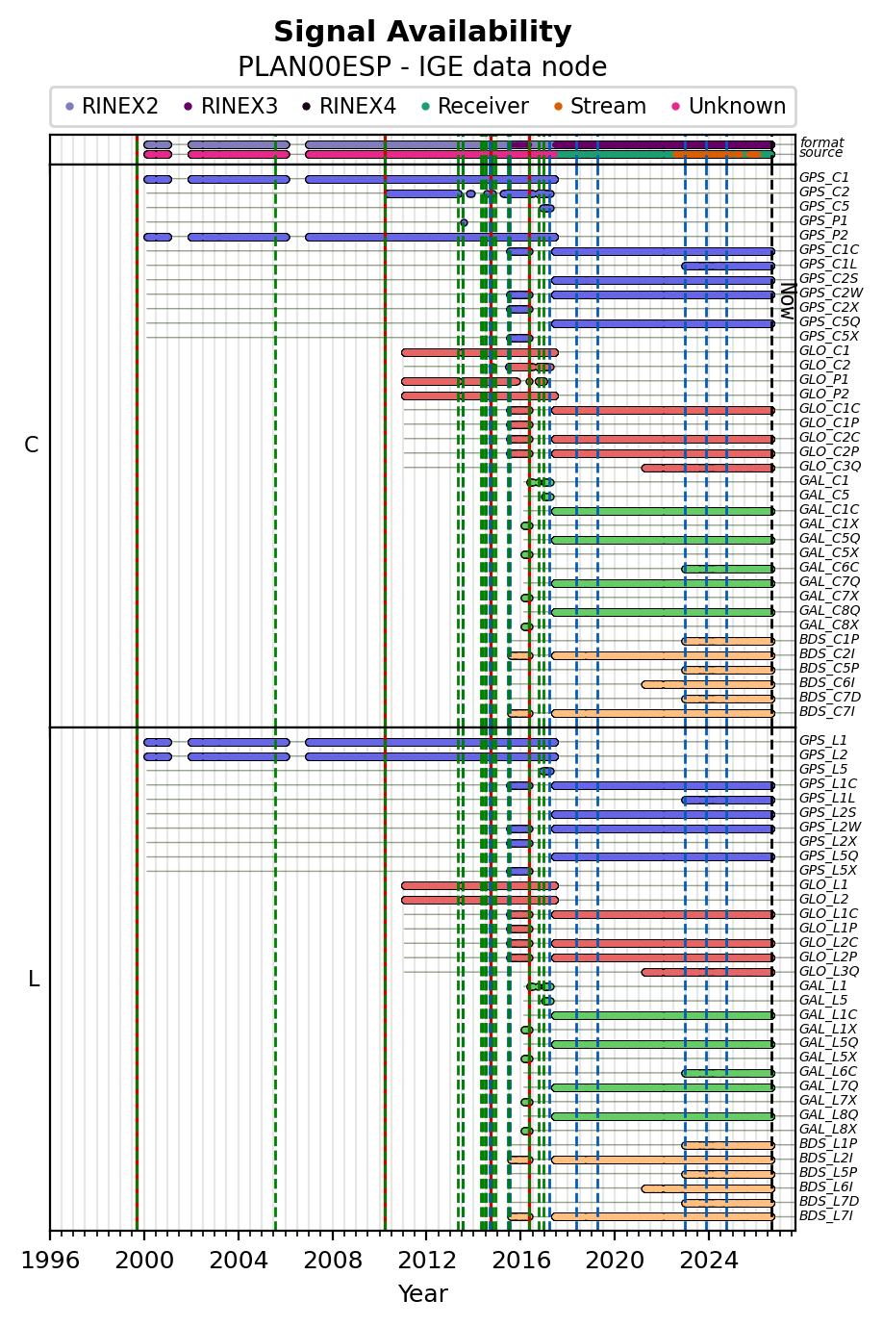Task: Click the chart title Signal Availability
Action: [x=422, y=32]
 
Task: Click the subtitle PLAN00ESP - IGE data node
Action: [x=422, y=67]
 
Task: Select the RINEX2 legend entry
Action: [x=112, y=107]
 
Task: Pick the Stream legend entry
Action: [x=600, y=107]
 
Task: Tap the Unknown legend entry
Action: [x=728, y=107]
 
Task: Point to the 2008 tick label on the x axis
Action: [x=332, y=1260]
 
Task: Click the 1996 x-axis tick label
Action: [x=50, y=1260]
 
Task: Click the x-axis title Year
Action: [x=422, y=1293]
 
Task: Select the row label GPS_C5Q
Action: [x=829, y=322]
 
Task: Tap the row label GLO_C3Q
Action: [x=830, y=467]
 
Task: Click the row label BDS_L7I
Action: [x=826, y=1216]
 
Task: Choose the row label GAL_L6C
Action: [x=828, y=1071]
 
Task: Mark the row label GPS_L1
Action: [x=822, y=741]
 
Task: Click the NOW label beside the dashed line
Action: [x=788, y=301]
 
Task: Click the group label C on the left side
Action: [x=32, y=446]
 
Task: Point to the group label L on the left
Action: [x=34, y=980]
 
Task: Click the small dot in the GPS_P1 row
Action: [x=464, y=222]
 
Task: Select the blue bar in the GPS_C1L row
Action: [x=728, y=267]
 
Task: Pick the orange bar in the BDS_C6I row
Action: [x=708, y=684]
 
